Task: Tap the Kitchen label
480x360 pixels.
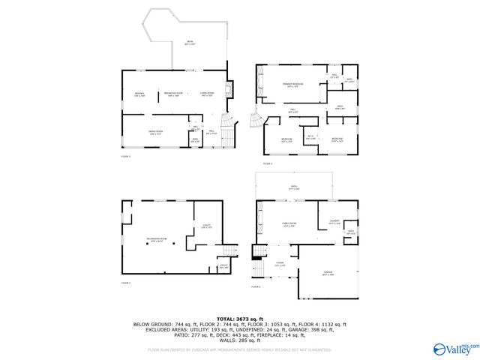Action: pyautogui.click(x=139, y=94)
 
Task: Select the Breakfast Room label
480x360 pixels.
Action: pyautogui.click(x=173, y=94)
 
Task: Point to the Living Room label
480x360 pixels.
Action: pyautogui.click(x=208, y=94)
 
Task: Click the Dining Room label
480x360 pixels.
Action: pyautogui.click(x=157, y=133)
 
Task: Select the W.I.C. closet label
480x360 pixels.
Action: pyautogui.click(x=310, y=136)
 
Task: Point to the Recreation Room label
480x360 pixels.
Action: pyautogui.click(x=156, y=240)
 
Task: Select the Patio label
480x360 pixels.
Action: pyautogui.click(x=294, y=187)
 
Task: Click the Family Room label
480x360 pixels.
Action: pyautogui.click(x=288, y=224)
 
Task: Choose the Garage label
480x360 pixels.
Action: pyautogui.click(x=327, y=274)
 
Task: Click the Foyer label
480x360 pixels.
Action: pyautogui.click(x=280, y=264)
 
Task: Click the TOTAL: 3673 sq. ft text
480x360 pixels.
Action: pyautogui.click(x=239, y=319)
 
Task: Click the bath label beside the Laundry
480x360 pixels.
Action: pyautogui.click(x=350, y=233)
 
